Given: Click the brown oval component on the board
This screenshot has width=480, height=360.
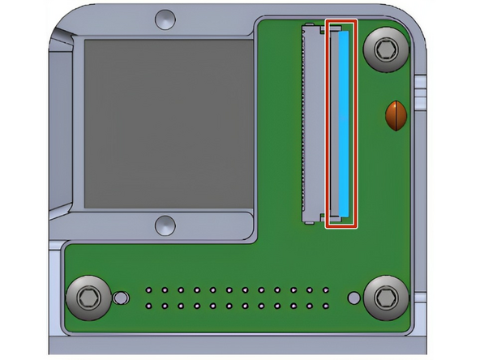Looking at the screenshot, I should (x=395, y=116).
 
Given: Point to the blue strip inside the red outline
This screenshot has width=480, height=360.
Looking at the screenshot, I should (x=345, y=123).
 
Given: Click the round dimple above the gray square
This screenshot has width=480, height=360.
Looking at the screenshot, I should (x=165, y=17).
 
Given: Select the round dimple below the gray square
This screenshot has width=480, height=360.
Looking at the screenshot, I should (x=165, y=225).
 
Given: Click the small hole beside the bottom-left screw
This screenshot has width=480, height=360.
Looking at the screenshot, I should (x=121, y=298).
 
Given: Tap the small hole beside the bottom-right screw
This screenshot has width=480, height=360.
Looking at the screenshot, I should (x=354, y=298).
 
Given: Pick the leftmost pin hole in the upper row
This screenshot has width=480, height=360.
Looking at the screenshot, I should (x=149, y=289).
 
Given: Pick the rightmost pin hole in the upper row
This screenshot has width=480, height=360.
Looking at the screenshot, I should (x=325, y=289).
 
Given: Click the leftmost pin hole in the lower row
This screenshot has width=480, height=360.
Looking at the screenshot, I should (x=149, y=306).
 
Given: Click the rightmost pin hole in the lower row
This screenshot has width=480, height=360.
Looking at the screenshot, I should (x=325, y=306).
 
